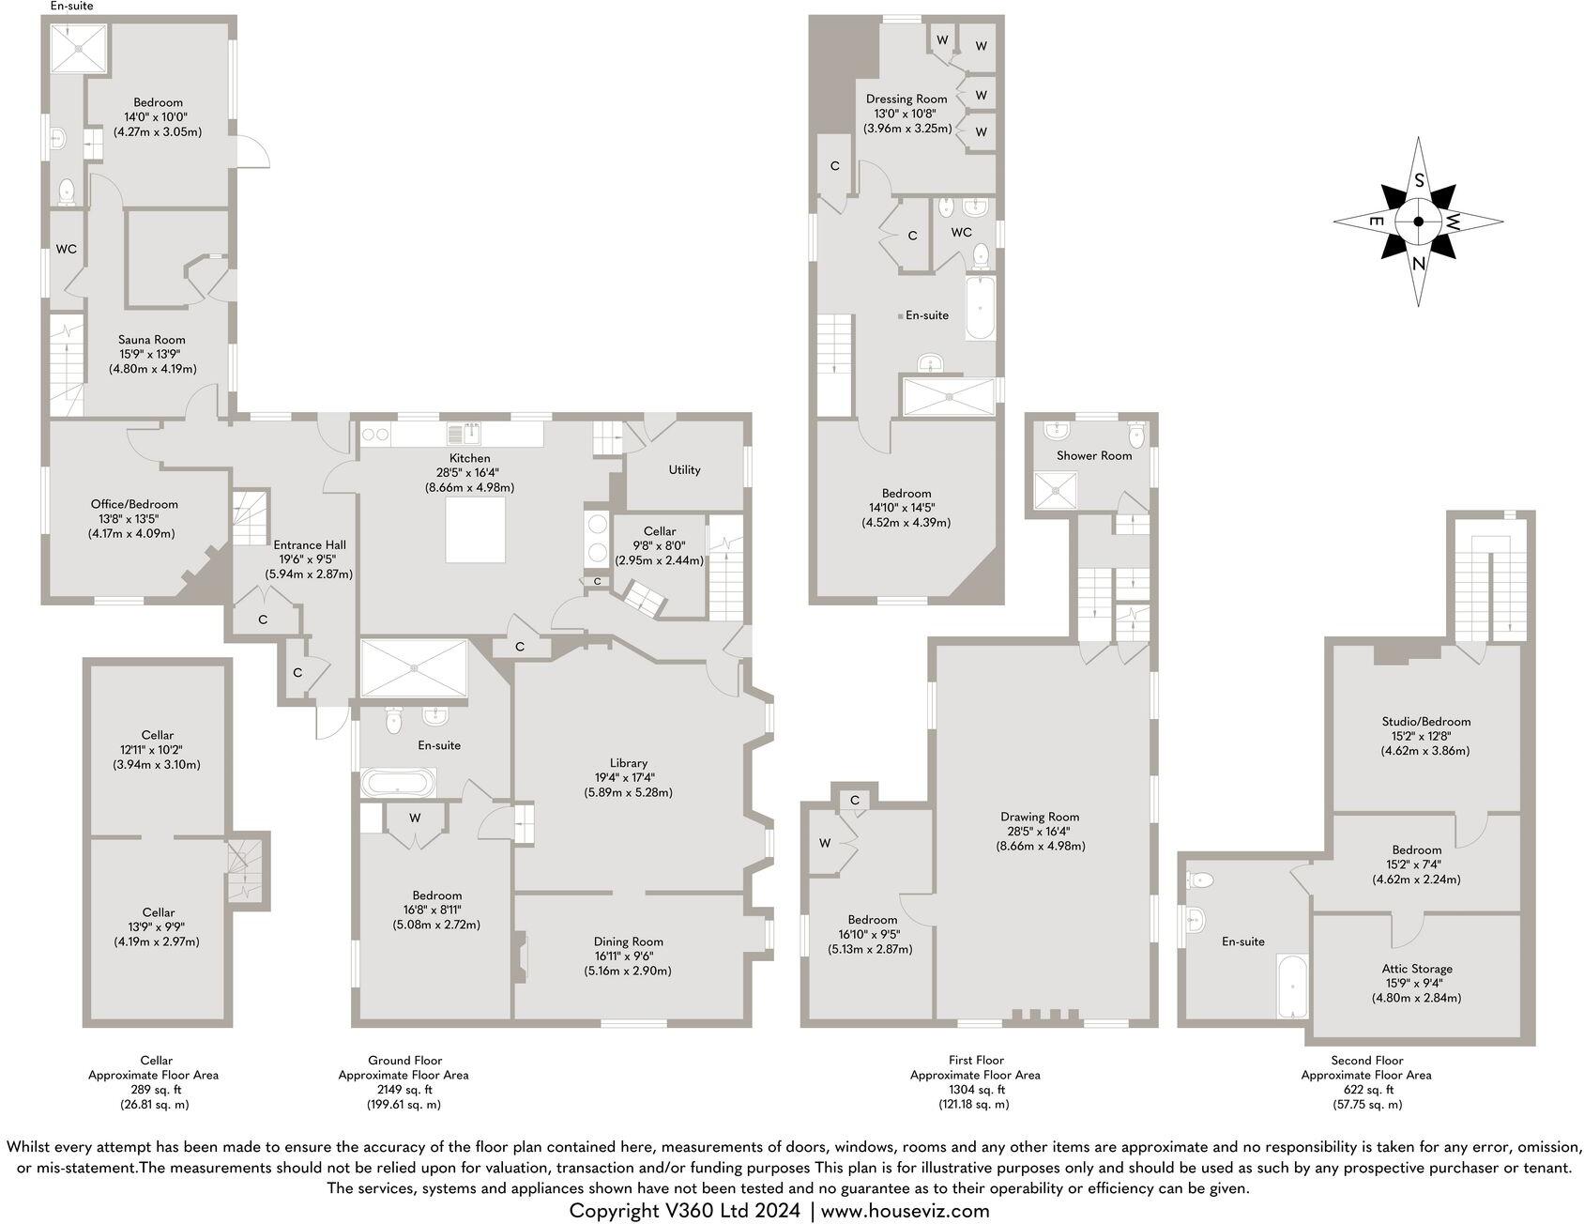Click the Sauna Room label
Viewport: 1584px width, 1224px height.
[x=151, y=340]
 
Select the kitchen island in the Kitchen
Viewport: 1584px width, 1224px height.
[x=477, y=529]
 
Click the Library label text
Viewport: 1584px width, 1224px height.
[x=628, y=763]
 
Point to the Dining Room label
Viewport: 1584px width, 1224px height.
[x=628, y=941]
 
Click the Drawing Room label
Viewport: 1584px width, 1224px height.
[x=1040, y=817]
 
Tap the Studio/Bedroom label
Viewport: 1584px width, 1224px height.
[x=1425, y=722]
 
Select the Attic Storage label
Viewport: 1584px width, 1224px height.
[x=1417, y=969]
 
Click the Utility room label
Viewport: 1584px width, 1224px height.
[x=684, y=469]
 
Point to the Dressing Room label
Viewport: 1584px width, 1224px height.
[x=906, y=99]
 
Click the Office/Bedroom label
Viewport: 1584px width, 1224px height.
[x=134, y=504]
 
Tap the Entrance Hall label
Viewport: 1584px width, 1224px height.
[x=310, y=544]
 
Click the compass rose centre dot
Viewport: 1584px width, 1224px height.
[x=1418, y=222]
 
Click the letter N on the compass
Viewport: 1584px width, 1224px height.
[x=1419, y=266]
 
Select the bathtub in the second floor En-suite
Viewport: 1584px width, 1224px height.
[x=1292, y=986]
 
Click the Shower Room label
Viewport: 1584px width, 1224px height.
[x=1094, y=455]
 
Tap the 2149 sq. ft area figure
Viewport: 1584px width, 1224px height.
[x=404, y=1090]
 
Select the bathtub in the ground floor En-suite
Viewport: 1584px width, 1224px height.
[x=398, y=782]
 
